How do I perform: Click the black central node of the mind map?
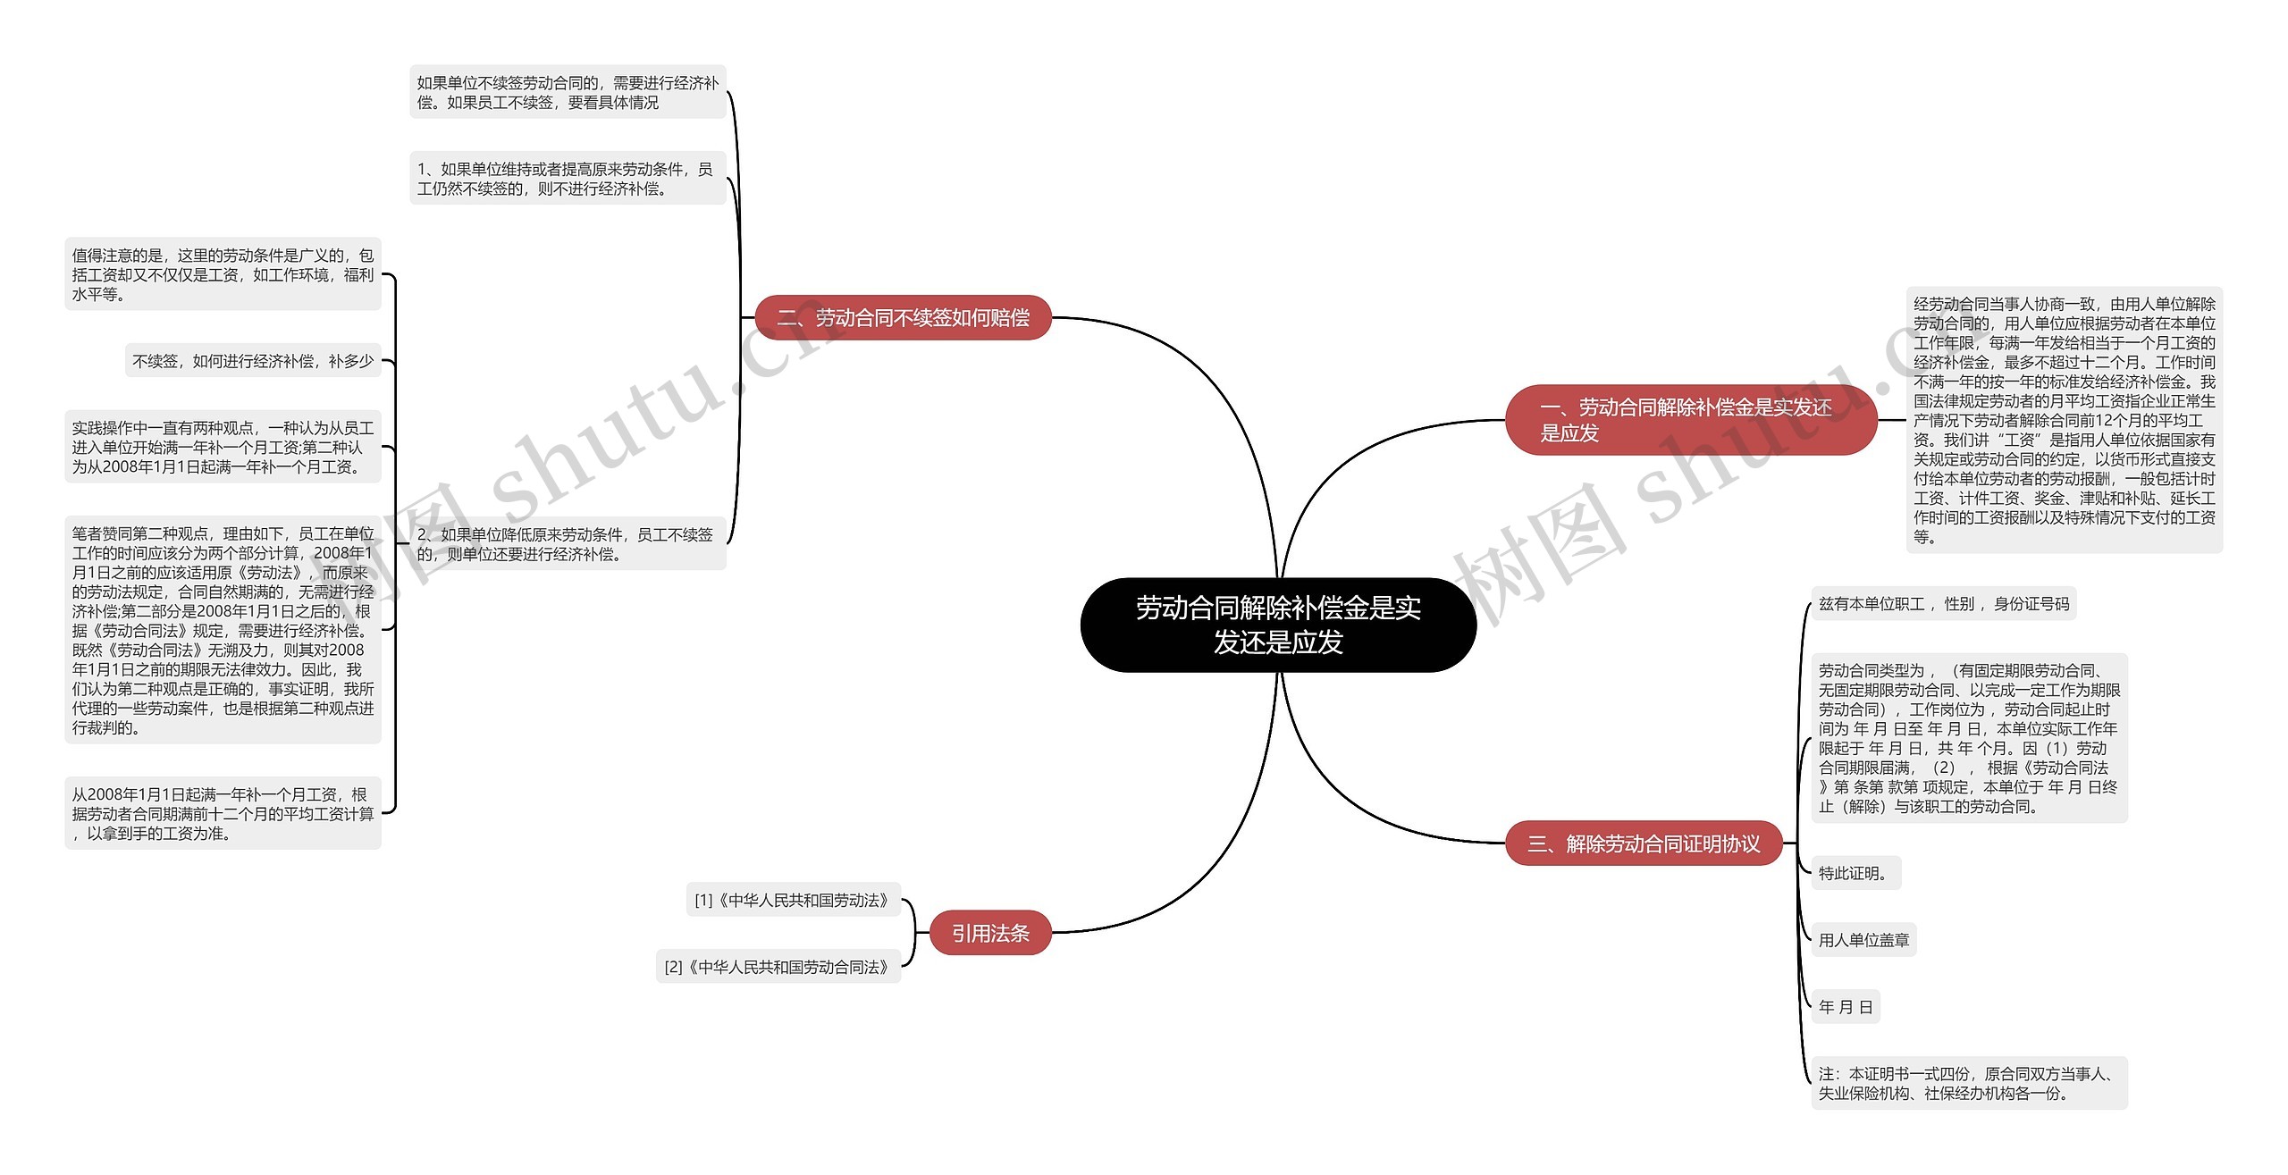(x=1277, y=625)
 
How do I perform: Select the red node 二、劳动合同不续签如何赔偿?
(x=903, y=317)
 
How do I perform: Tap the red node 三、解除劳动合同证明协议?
(x=1644, y=843)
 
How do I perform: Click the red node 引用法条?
(x=990, y=933)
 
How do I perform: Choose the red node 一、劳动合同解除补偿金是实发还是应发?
(x=1690, y=420)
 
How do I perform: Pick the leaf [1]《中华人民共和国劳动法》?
(x=792, y=900)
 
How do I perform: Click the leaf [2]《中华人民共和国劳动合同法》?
(x=778, y=967)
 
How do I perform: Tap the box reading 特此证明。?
(x=1855, y=873)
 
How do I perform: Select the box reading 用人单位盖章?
(x=1863, y=940)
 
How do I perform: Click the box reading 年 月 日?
(x=1846, y=1007)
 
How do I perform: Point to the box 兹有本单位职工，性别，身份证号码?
(x=1943, y=604)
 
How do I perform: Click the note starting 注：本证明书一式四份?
(x=1968, y=1083)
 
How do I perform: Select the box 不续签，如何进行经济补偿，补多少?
(x=253, y=361)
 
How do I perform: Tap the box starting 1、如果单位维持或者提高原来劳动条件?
(x=567, y=179)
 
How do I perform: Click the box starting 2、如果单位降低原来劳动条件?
(x=567, y=543)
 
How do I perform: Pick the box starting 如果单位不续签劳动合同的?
(x=567, y=92)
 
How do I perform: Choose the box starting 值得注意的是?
(x=223, y=274)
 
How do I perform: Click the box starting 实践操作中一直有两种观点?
(x=223, y=447)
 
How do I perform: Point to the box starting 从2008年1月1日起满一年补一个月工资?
(x=223, y=813)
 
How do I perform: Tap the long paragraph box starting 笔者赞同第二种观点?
(x=223, y=630)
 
